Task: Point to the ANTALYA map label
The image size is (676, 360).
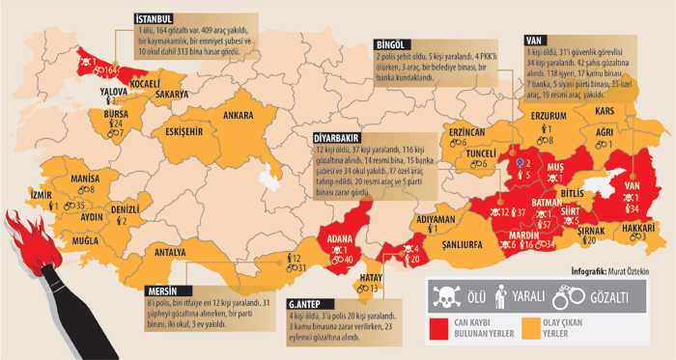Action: click(x=170, y=253)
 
